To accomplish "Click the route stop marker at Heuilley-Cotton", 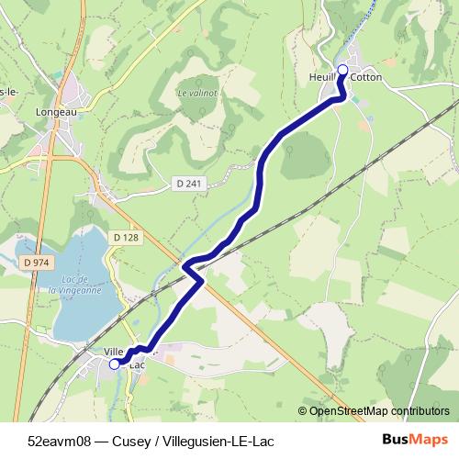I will coord(343,70).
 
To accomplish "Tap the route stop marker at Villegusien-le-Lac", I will coord(115,364).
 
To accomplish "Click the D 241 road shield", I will coord(187,184).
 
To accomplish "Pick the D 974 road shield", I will coord(34,263).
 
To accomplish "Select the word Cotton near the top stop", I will coord(365,78).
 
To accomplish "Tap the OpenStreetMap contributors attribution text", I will coord(379,411).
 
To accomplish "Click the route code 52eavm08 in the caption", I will coord(60,440).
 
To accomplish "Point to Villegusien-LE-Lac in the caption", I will coord(217,440).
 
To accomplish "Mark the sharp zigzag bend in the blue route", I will coord(193,268).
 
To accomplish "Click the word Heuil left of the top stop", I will coord(322,78).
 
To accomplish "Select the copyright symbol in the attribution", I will coord(303,411).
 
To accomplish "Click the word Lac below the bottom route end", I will coord(139,365).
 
